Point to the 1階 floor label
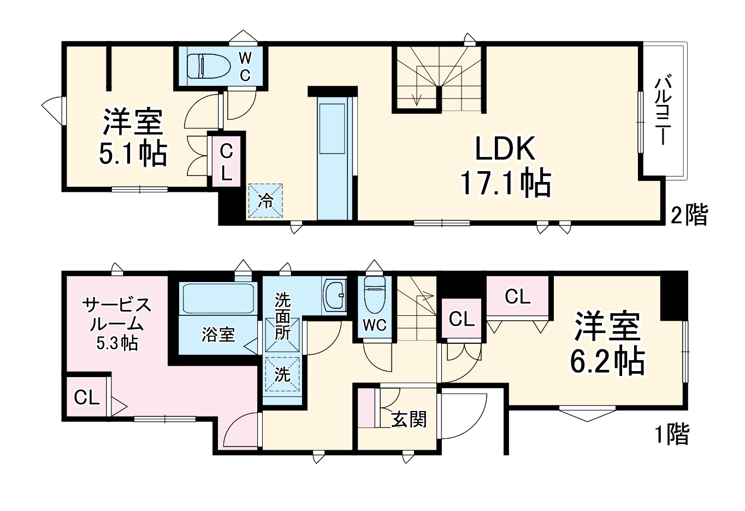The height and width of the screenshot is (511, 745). point(672,434)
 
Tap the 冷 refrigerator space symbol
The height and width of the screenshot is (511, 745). point(266,201)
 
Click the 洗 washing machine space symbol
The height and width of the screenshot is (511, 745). point(282,374)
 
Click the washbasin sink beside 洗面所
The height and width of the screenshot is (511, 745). point(334,296)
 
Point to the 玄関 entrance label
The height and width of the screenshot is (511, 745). point(409,419)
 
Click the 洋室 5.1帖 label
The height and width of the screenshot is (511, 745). point(133,137)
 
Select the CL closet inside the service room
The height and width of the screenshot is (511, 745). point(87,397)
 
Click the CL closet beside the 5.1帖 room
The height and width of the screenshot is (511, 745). point(226,162)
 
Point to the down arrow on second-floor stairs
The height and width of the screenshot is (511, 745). point(418,98)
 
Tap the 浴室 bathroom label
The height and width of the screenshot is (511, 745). point(218,334)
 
